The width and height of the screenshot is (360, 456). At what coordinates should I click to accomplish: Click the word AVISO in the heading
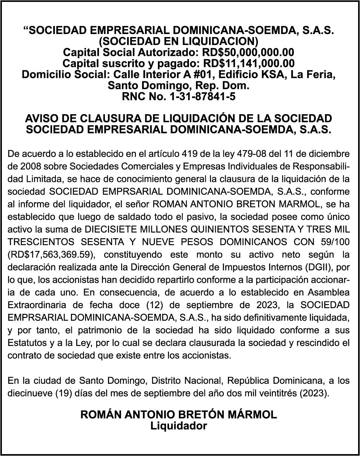click(x=42, y=119)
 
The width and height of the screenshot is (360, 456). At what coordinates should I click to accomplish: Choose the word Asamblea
click(x=332, y=292)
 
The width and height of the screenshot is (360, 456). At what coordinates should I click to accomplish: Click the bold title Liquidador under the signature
click(x=179, y=426)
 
